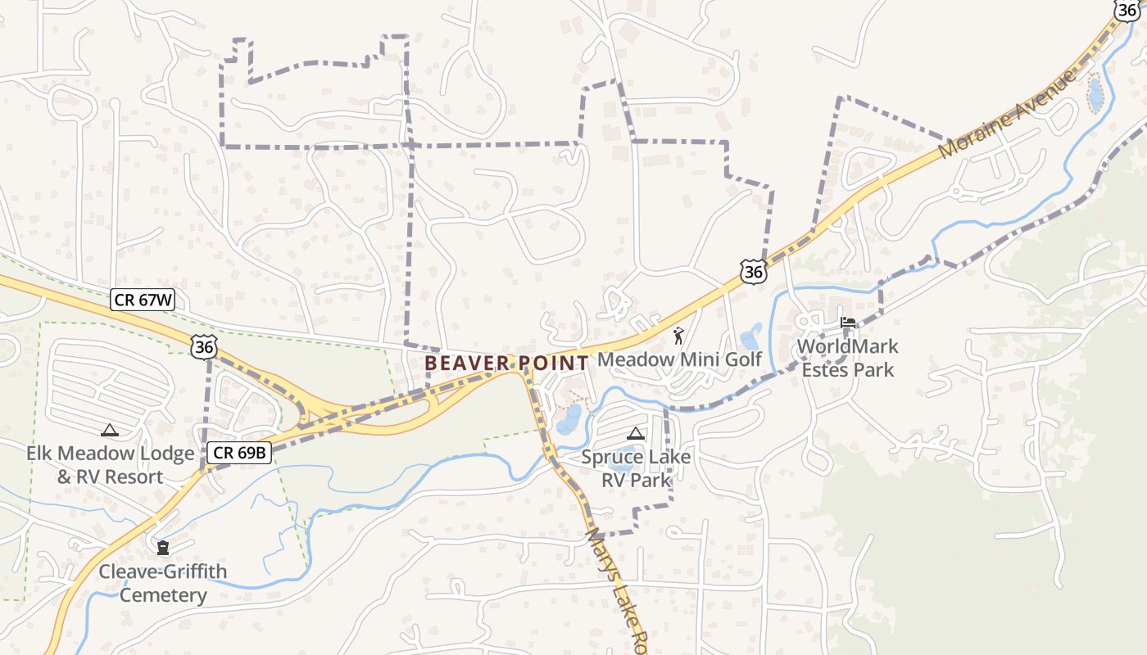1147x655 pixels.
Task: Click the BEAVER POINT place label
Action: pyautogui.click(x=506, y=362)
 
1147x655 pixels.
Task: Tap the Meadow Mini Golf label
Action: pyautogui.click(x=679, y=359)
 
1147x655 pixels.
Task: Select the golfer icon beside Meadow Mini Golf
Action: pyautogui.click(x=678, y=335)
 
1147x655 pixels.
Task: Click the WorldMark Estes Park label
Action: pyautogui.click(x=848, y=358)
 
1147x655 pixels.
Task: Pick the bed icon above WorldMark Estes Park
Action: pyautogui.click(x=848, y=323)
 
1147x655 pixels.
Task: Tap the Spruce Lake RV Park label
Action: pyautogui.click(x=636, y=468)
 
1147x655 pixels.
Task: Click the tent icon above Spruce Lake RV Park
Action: pyautogui.click(x=635, y=433)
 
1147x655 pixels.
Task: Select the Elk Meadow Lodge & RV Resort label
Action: pyautogui.click(x=110, y=464)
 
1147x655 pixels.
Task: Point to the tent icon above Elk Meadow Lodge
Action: pyautogui.click(x=109, y=430)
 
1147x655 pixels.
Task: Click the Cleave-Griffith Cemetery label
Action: pyautogui.click(x=163, y=583)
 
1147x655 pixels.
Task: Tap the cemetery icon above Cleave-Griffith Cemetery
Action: pyautogui.click(x=163, y=547)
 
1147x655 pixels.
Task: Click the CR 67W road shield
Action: pyautogui.click(x=143, y=300)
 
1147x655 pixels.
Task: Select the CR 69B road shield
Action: pyautogui.click(x=238, y=452)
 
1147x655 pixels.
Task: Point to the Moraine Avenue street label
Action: pyautogui.click(x=1007, y=115)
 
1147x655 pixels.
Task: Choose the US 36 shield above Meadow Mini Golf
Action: pyautogui.click(x=753, y=271)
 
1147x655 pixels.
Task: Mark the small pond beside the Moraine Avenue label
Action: pyautogui.click(x=1095, y=94)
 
